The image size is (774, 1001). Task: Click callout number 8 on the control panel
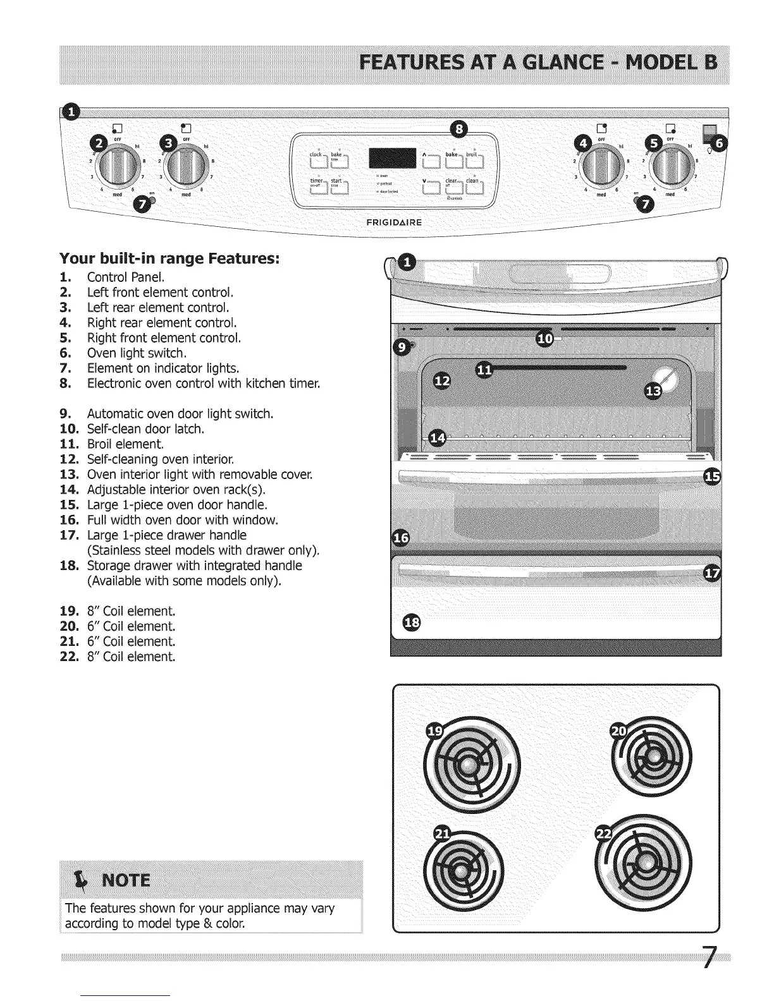[x=460, y=130]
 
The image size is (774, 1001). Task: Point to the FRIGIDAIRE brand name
[x=395, y=222]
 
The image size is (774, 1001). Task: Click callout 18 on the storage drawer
[x=410, y=622]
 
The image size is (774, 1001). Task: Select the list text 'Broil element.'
[x=125, y=444]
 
